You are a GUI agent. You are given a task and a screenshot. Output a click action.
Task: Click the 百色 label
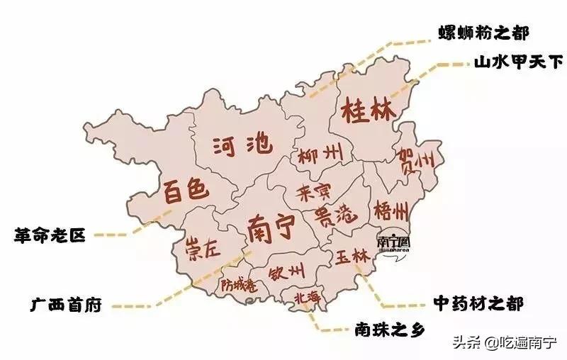186,189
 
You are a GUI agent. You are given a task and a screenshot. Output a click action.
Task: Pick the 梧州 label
391,210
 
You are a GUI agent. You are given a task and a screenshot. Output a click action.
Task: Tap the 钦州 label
287,271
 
